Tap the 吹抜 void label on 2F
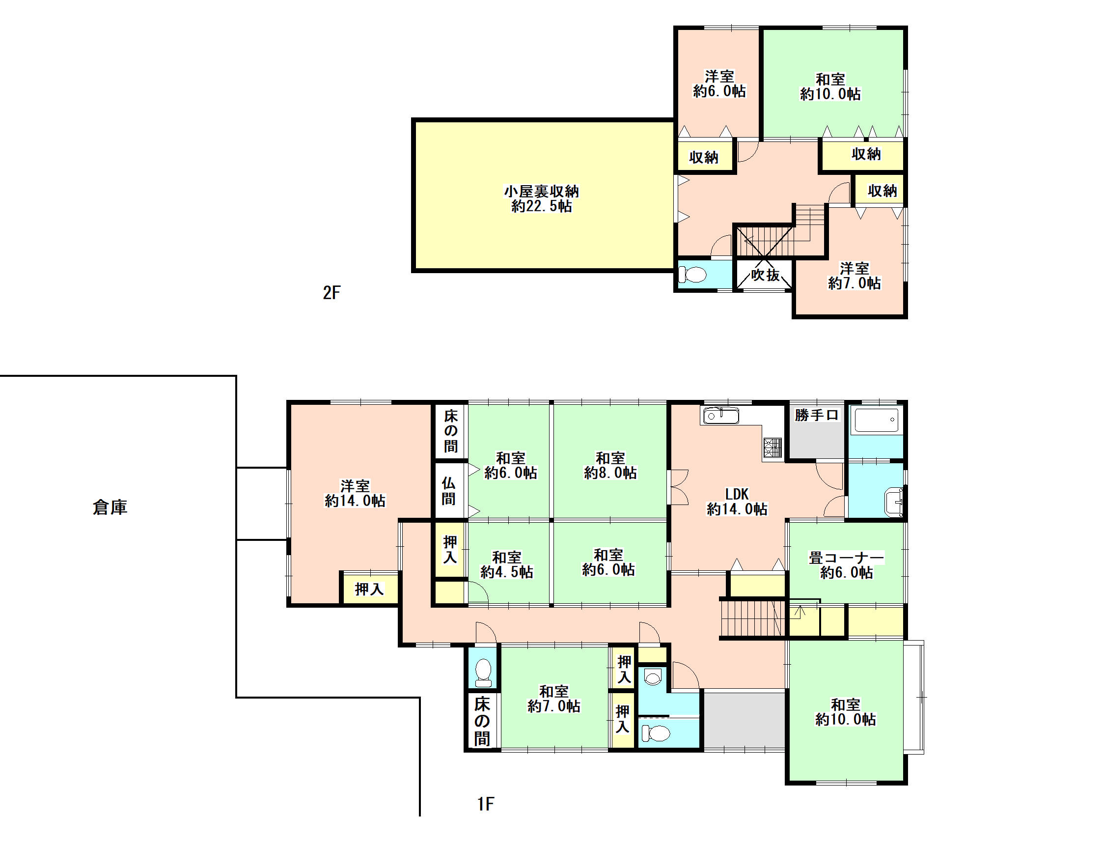pyautogui.click(x=766, y=275)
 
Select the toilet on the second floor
pyautogui.click(x=692, y=275)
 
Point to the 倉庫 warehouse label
pyautogui.click(x=110, y=507)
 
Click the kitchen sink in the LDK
pyautogui.click(x=721, y=416)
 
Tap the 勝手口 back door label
pyautogui.click(x=817, y=415)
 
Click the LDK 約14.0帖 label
pyautogui.click(x=737, y=502)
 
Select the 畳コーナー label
pyautogui.click(x=846, y=558)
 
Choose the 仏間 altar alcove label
pyautogui.click(x=448, y=491)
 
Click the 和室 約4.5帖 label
pyautogui.click(x=507, y=564)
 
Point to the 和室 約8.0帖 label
pyautogui.click(x=610, y=465)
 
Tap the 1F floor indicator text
pyautogui.click(x=486, y=804)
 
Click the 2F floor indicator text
pyautogui.click(x=331, y=292)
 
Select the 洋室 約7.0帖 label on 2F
pyautogui.click(x=854, y=276)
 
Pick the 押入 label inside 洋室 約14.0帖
pyautogui.click(x=369, y=589)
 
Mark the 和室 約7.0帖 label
pyautogui.click(x=554, y=699)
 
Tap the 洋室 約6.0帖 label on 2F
pyautogui.click(x=719, y=84)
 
